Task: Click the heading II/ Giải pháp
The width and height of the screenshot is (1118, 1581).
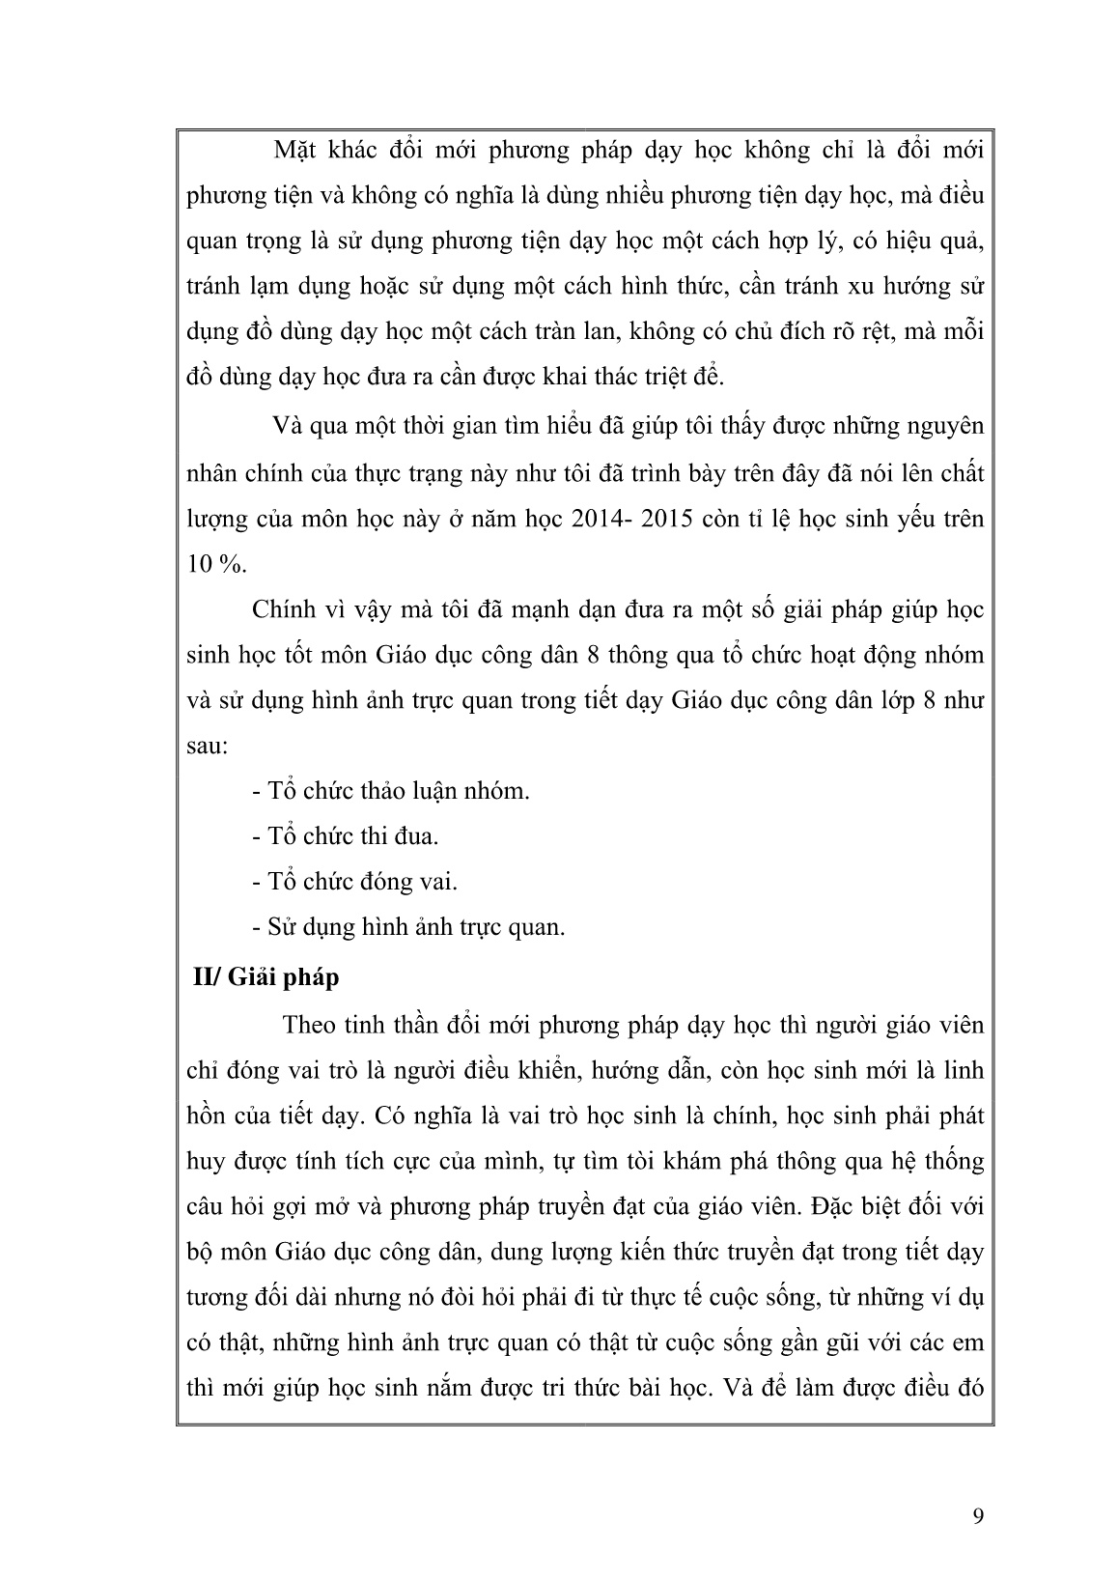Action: coord(264,977)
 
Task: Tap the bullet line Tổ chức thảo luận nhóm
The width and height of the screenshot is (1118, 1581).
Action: coord(390,791)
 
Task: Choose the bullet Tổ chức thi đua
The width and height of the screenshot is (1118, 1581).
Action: coord(345,836)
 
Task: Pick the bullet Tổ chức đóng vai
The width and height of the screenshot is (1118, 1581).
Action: coord(354,882)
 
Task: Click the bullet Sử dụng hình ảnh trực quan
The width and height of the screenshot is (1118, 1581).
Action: coord(407,927)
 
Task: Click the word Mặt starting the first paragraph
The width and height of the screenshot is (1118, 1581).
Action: coord(295,151)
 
